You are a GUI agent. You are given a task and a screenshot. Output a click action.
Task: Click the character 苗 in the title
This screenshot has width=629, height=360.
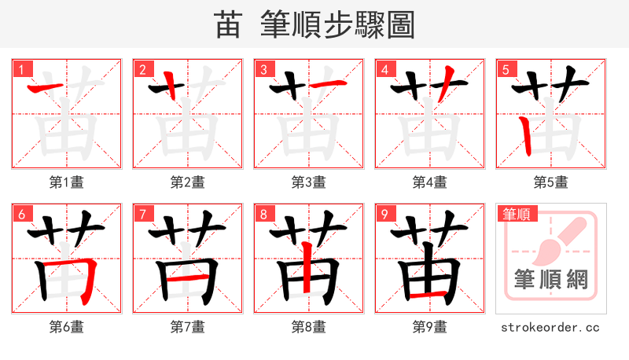click(x=227, y=25)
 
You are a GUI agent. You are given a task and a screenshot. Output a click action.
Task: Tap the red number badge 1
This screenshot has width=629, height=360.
click(x=19, y=69)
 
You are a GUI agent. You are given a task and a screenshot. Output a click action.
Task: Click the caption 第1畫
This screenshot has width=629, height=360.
click(x=67, y=182)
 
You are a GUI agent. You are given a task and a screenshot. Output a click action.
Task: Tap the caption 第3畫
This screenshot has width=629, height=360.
click(x=308, y=182)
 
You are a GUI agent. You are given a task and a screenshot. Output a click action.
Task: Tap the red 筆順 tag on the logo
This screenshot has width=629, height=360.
click(x=516, y=214)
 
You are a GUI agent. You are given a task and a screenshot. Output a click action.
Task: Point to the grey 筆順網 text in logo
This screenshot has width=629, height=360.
click(x=550, y=279)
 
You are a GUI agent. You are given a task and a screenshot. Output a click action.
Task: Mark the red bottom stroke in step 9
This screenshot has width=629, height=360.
click(x=429, y=296)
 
